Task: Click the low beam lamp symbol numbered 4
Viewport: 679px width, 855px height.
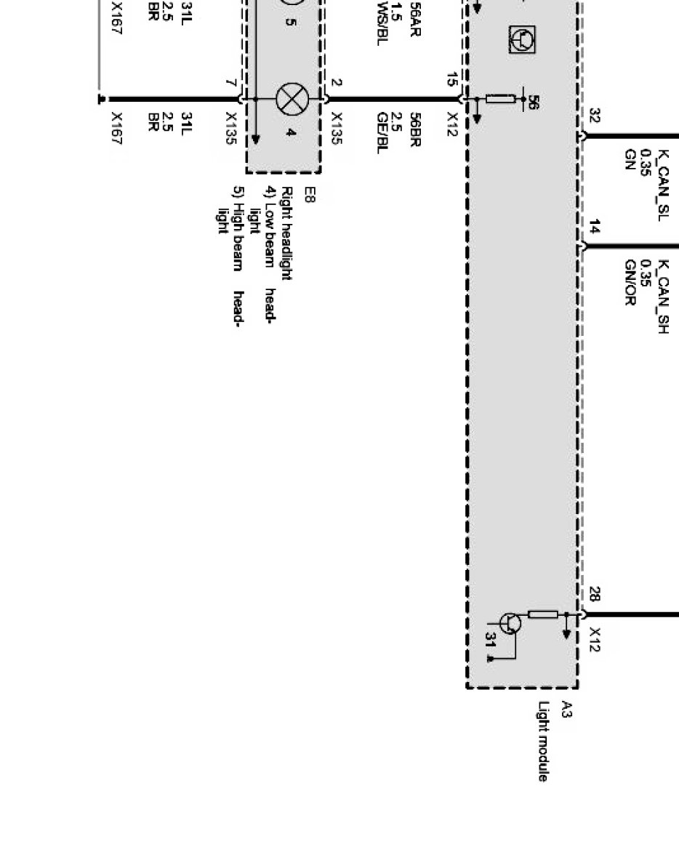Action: tap(292, 99)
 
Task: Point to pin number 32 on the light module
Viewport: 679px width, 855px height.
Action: tap(594, 116)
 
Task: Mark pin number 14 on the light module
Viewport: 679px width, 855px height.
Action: tap(594, 228)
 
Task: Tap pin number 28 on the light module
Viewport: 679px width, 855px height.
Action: tap(594, 595)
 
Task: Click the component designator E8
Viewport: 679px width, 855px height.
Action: tap(309, 195)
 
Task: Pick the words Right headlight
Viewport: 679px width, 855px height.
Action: tap(286, 233)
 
